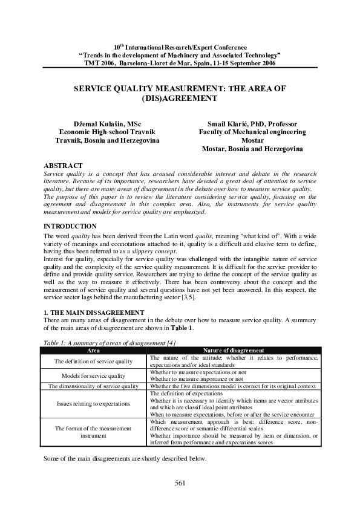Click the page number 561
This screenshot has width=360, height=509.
180,482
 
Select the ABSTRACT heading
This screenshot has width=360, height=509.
64,165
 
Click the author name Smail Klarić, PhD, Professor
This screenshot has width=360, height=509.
252,123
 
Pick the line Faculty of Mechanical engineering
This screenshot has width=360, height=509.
252,132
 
